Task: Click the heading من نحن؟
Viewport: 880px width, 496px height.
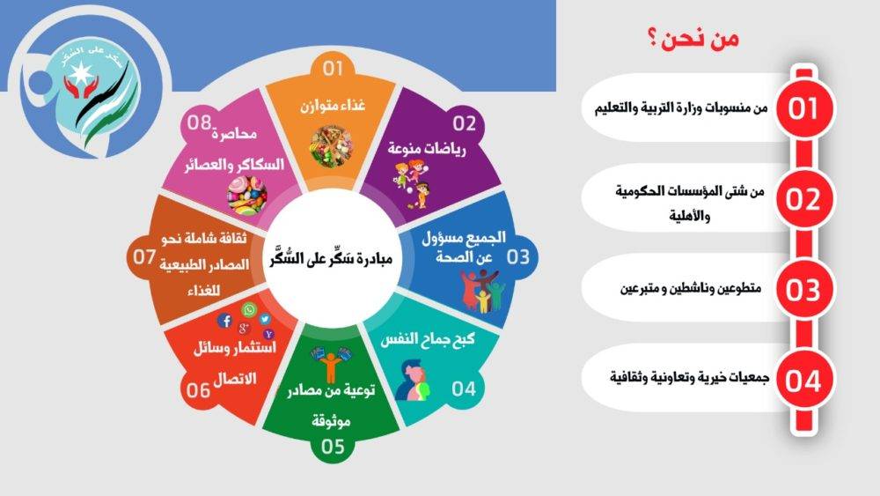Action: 692,40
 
